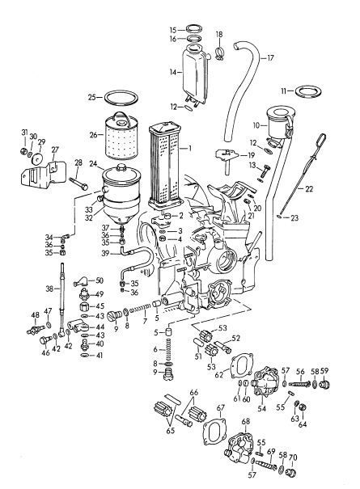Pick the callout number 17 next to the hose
[x=271, y=57]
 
